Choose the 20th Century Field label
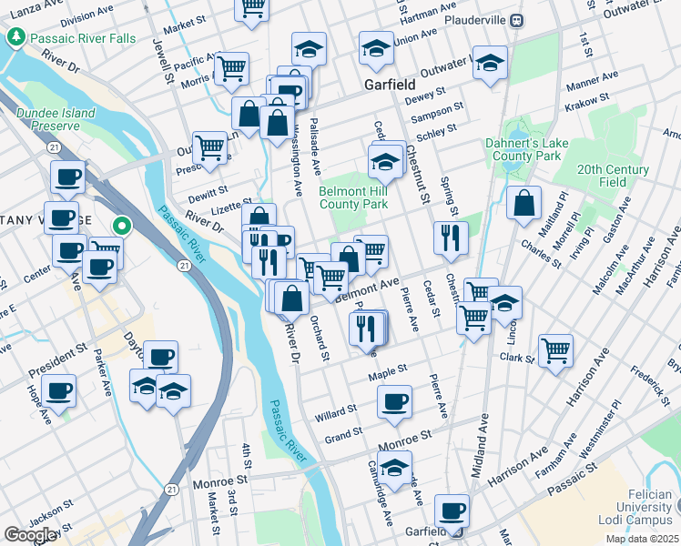615,176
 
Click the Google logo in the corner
30,535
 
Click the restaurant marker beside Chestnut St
451,238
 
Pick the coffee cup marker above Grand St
394,401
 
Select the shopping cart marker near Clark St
554,350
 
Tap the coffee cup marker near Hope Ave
58,391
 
